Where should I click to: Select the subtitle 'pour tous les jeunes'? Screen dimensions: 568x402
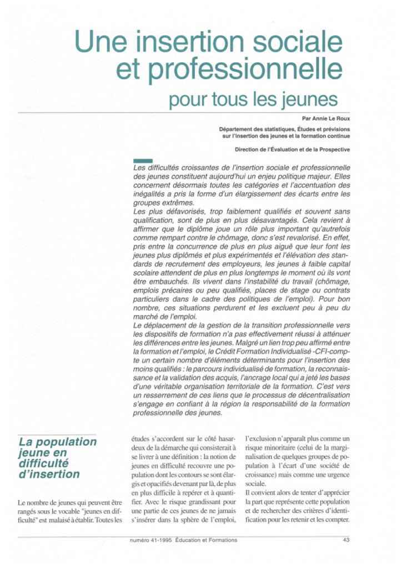253,100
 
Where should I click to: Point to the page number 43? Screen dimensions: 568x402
346,540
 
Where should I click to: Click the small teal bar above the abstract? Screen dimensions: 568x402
143,160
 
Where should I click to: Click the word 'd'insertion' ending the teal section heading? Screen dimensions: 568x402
49,474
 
